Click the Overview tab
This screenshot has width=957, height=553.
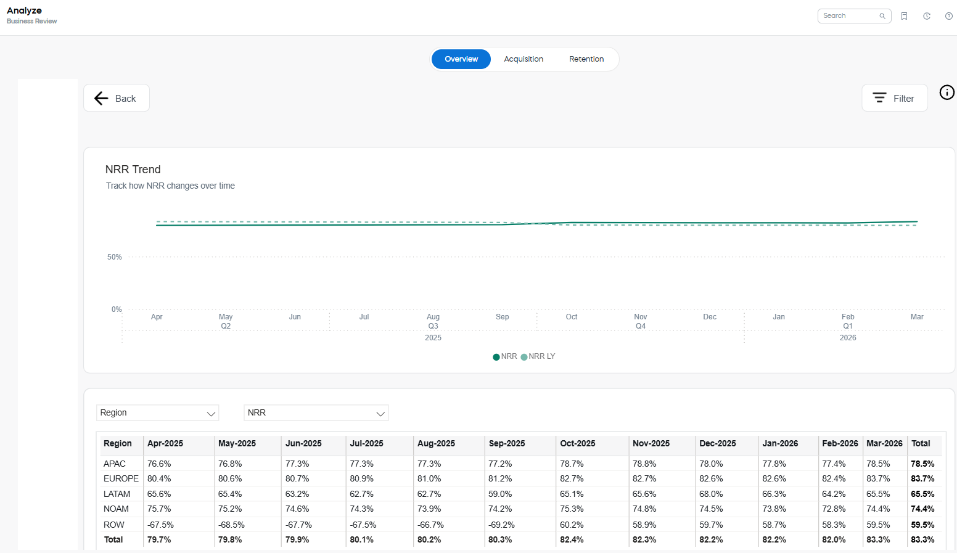[461, 59]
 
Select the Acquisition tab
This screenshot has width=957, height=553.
[524, 59]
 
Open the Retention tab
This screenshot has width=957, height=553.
[586, 59]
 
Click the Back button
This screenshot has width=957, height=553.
[117, 98]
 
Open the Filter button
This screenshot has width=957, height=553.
[894, 98]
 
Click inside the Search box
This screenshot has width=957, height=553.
[849, 16]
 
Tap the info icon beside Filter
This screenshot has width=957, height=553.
[947, 92]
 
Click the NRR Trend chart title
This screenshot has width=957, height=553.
[133, 170]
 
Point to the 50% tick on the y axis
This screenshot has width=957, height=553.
[115, 257]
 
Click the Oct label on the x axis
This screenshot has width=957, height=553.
[572, 317]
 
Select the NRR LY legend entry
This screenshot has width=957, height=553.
[538, 356]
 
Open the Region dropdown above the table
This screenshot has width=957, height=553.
[158, 412]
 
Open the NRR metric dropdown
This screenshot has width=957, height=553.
[316, 412]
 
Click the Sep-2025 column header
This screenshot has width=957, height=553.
[507, 443]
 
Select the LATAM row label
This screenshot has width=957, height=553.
[117, 494]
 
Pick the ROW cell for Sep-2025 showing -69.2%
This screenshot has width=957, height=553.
[501, 525]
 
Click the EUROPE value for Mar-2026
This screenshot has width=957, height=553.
[878, 478]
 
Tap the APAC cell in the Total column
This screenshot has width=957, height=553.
[922, 464]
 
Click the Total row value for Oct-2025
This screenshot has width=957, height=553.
[572, 539]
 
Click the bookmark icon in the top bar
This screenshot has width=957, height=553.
[904, 16]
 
